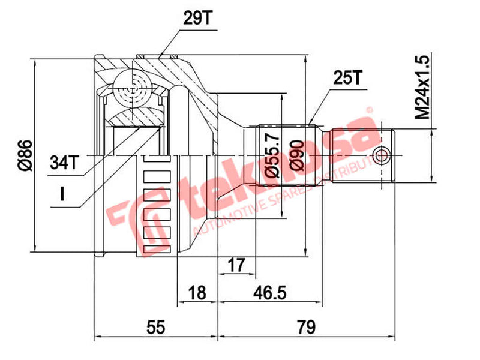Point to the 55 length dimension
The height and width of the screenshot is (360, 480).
coord(156,327)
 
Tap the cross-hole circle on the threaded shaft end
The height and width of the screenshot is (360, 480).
coord(380,156)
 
